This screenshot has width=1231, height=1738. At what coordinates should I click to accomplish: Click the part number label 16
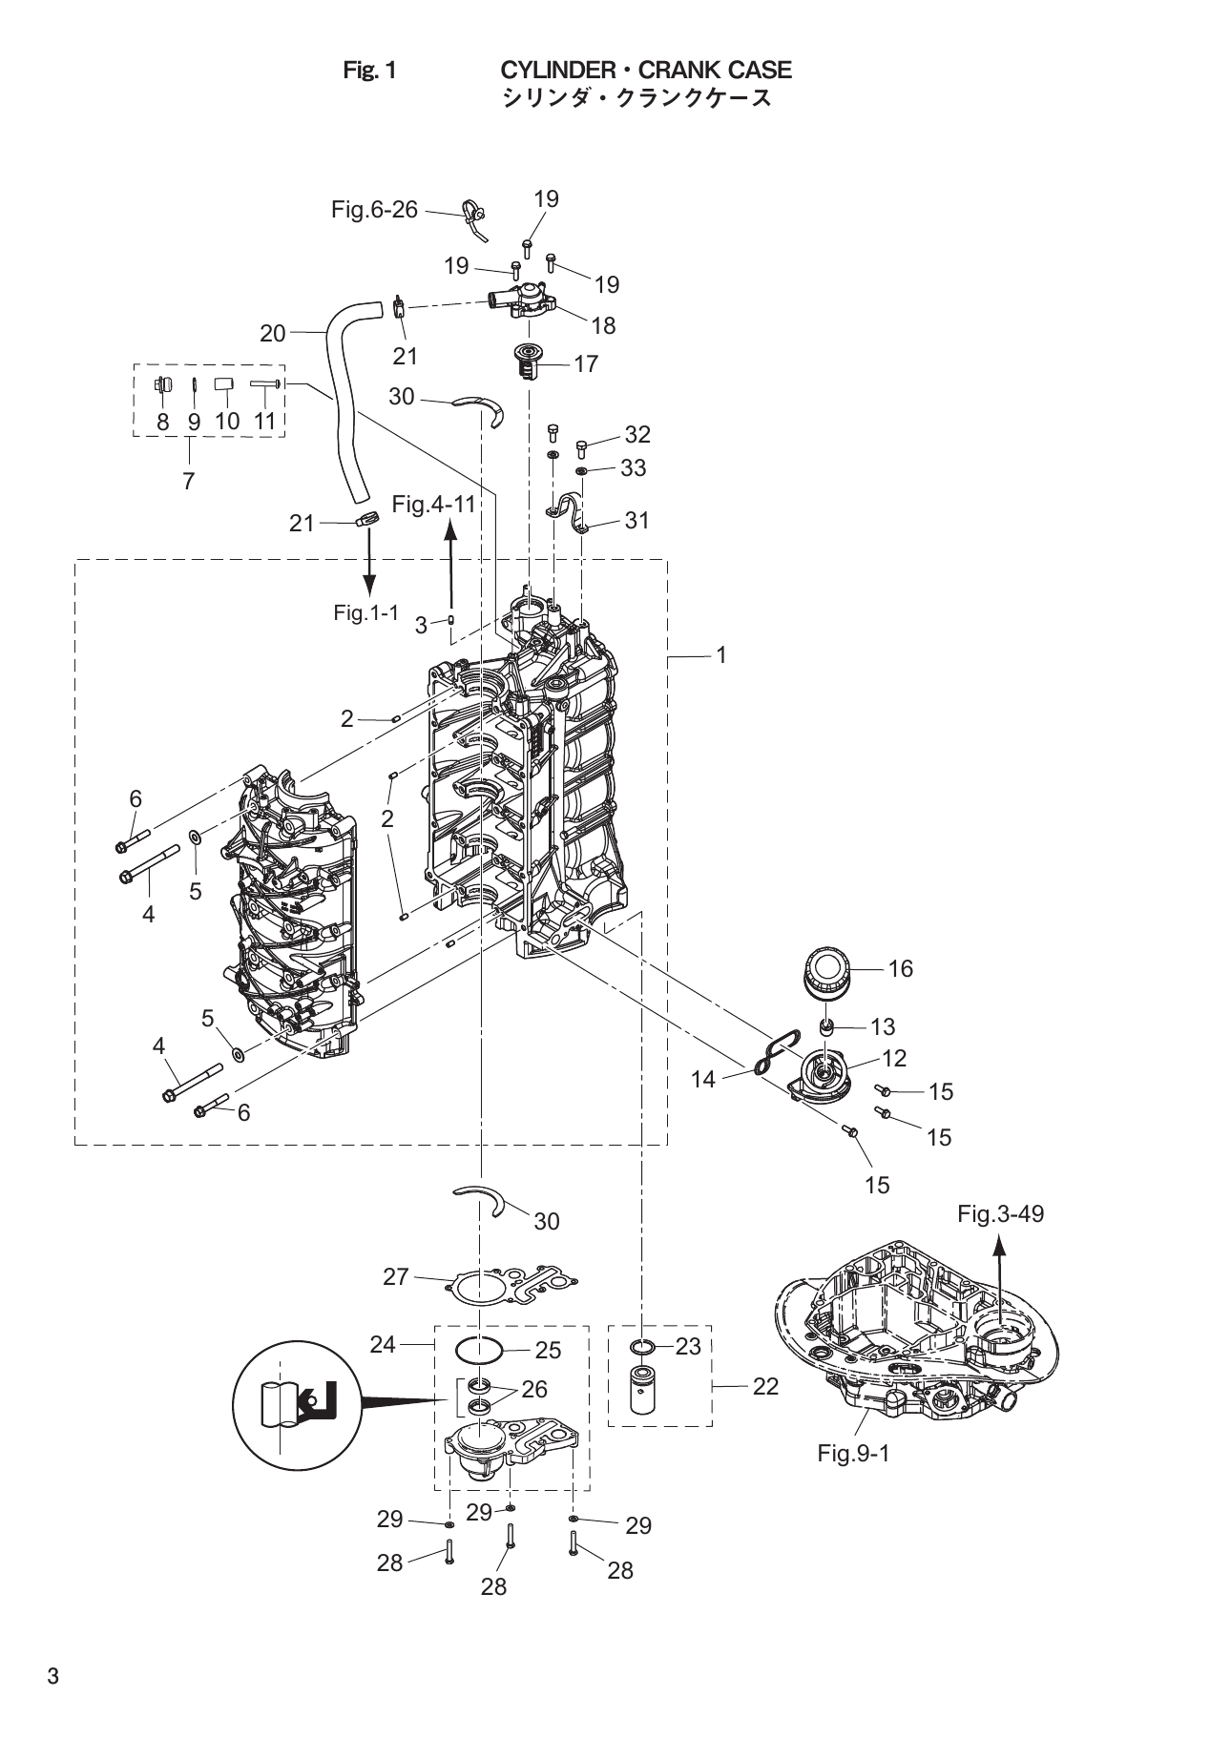coord(900,968)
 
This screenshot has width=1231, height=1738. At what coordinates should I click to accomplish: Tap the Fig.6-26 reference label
coord(374,210)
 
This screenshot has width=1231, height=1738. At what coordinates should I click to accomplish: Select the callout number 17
coord(585,363)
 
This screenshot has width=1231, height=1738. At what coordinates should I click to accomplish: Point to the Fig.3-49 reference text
coord(1000,1213)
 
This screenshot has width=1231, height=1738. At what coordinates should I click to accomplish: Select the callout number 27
coord(396,1276)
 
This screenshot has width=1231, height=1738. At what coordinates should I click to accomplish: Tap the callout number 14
coord(702,1079)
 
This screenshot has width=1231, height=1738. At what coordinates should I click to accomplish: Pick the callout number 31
coord(636,520)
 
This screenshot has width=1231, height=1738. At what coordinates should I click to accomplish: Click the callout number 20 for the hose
coord(273,333)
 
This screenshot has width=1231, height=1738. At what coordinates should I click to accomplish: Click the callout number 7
coord(189,482)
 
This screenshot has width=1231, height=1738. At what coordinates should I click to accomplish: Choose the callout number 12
coord(894,1058)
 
